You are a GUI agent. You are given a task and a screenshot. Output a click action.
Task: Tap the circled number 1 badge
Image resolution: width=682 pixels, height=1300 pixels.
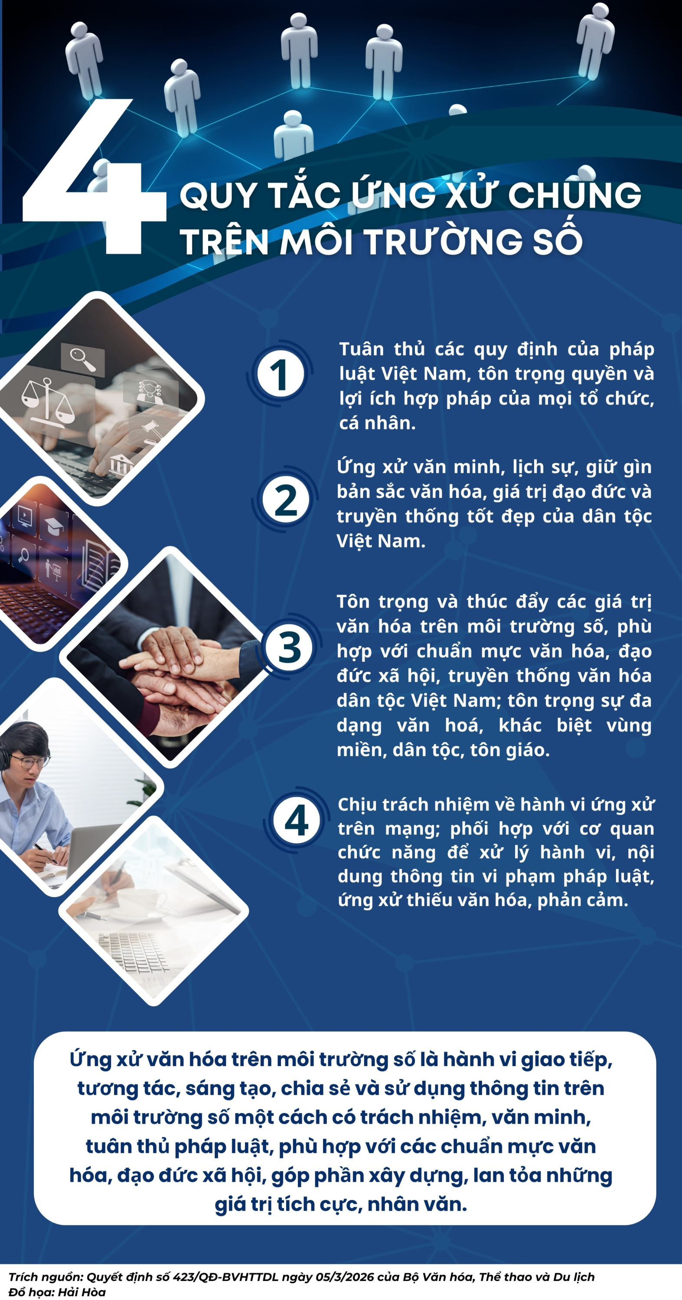click(280, 374)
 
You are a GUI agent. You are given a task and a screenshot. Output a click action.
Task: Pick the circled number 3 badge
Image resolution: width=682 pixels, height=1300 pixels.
click(290, 647)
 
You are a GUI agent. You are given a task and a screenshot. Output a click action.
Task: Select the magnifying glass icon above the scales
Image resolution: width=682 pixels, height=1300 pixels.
click(82, 359)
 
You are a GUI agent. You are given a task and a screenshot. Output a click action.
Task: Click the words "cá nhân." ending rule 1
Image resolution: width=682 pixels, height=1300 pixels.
click(378, 423)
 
